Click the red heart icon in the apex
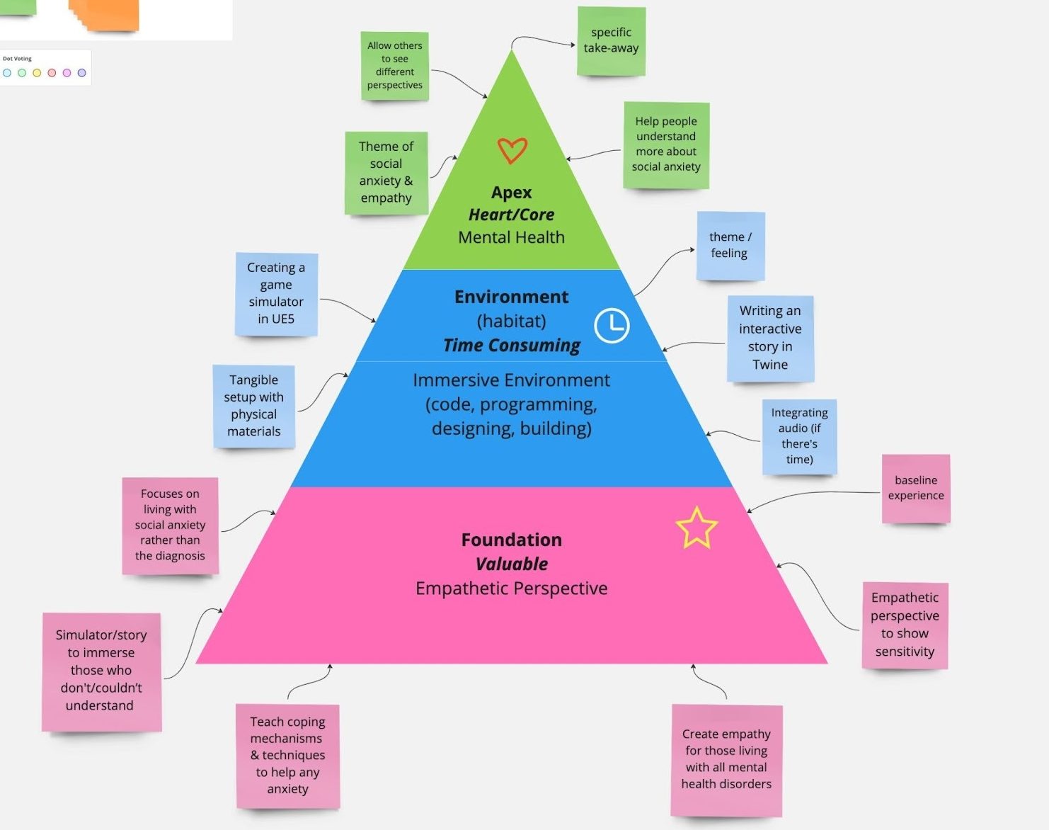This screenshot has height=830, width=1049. click(x=512, y=150)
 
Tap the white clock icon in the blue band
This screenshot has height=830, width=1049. click(x=612, y=326)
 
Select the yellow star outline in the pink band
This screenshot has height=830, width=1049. click(x=697, y=528)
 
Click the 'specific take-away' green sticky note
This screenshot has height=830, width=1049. click(x=611, y=41)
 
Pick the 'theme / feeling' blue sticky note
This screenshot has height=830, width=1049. click(x=730, y=245)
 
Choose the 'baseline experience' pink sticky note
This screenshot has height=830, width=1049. click(x=915, y=488)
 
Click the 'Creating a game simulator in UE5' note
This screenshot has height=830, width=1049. click(x=276, y=294)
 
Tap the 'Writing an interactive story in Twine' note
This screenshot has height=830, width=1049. click(x=770, y=338)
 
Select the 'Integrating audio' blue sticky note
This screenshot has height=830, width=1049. click(x=799, y=436)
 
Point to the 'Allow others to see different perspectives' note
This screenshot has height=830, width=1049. click(x=394, y=65)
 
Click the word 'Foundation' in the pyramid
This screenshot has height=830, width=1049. click(x=511, y=540)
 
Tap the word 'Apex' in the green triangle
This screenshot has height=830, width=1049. click(x=511, y=193)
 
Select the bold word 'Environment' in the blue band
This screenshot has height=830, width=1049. click(x=511, y=297)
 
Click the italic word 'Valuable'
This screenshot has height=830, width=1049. click(x=511, y=564)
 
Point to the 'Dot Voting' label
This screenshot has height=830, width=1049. click(x=17, y=59)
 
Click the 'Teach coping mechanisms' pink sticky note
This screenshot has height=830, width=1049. click(x=287, y=755)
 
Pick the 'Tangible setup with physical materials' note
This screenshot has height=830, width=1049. click(x=253, y=406)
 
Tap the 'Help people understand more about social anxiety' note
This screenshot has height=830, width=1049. click(x=665, y=144)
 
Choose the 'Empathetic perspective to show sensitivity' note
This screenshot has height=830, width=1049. click(x=905, y=625)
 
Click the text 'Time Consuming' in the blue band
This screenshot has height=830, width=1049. click(x=511, y=346)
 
